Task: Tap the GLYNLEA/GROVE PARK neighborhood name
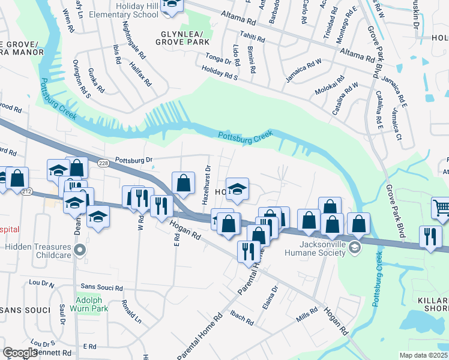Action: pos(182,38)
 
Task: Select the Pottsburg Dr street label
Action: pos(134,160)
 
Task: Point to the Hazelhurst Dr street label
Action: pos(207,184)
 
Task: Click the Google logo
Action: pos(20,353)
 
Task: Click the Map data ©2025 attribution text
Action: pos(424,355)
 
